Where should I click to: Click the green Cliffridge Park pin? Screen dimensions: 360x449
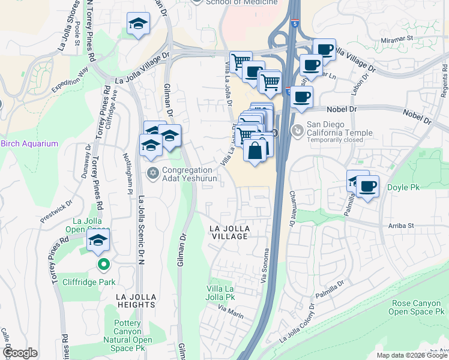(x=103, y=263)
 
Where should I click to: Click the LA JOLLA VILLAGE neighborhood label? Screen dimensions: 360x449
(x=229, y=233)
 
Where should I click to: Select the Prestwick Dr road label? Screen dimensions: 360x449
(x=53, y=213)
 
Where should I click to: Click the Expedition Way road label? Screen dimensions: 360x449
(x=70, y=80)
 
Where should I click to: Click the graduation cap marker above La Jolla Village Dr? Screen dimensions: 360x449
(x=139, y=23)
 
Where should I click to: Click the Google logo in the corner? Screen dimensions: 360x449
(x=20, y=353)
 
